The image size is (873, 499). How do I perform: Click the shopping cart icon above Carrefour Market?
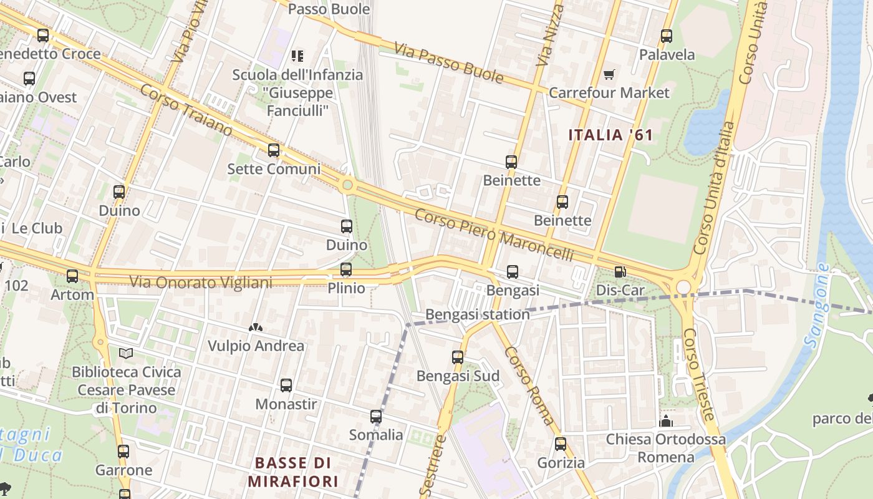click(609, 75)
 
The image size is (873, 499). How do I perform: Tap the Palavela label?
click(667, 55)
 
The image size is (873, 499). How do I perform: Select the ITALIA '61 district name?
click(610, 135)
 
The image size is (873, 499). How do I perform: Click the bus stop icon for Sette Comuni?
click(274, 150)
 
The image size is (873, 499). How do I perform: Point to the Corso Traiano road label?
click(186, 110)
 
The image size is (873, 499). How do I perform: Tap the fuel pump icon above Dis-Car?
click(620, 272)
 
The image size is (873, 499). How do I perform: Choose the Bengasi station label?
click(477, 314)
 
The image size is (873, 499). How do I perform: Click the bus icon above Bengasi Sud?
click(458, 357)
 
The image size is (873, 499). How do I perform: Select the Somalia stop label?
click(375, 435)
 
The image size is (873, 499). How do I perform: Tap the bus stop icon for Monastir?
click(286, 385)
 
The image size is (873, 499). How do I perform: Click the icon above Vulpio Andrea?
click(255, 327)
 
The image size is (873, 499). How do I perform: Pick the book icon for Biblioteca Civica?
click(126, 354)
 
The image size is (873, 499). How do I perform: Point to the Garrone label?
click(123, 470)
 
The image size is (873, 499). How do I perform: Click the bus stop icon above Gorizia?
click(561, 444)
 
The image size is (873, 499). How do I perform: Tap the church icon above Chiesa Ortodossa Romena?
click(666, 421)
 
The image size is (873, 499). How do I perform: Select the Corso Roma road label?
click(529, 387)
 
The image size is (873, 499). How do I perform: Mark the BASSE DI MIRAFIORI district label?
click(293, 472)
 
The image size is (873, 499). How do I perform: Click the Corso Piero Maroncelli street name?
click(493, 235)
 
